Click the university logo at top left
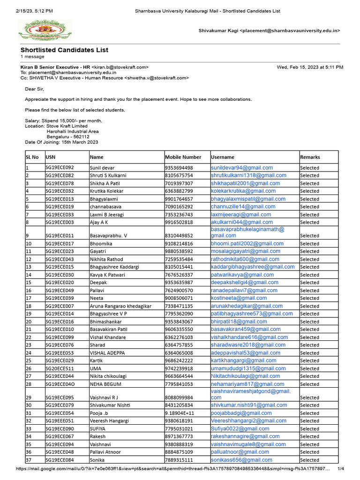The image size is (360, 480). tap(39, 30)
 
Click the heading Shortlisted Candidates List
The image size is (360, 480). tap(64, 50)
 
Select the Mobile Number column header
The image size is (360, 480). tap(183, 157)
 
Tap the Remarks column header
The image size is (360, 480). tap(310, 157)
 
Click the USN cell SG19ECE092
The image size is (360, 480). tap(60, 168)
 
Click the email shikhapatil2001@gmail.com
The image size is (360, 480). tap(245, 183)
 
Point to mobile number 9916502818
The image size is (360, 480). tap(179, 222)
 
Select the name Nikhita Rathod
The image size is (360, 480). tap(107, 259)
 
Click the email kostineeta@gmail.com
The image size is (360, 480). tap(239, 298)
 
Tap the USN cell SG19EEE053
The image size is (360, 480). tap(60, 353)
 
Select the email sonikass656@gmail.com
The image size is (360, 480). tap(241, 460)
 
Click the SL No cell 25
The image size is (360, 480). tap(29, 361)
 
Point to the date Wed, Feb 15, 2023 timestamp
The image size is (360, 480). tap(310, 67)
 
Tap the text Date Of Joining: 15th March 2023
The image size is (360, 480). tap(61, 142)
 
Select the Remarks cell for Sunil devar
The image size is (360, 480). tap(309, 168)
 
